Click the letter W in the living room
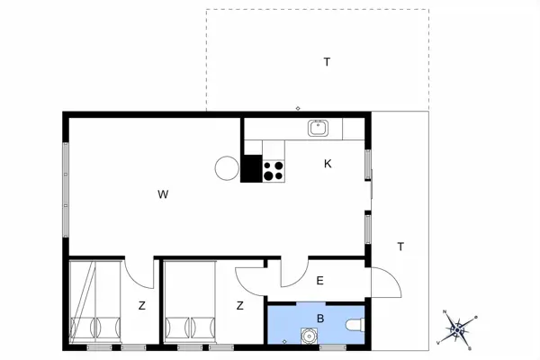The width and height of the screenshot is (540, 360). (x=163, y=194)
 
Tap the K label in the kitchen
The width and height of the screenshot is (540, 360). (x=328, y=164)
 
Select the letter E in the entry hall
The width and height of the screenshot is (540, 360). (x=319, y=281)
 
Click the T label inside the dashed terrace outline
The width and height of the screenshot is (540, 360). (x=327, y=62)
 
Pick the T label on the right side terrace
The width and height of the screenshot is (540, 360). (x=400, y=247)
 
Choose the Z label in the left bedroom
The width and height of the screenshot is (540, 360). (x=141, y=306)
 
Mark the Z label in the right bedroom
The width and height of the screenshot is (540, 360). (x=240, y=306)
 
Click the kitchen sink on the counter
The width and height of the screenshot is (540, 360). (x=319, y=128)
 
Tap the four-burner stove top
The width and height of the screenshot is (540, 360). (x=274, y=170)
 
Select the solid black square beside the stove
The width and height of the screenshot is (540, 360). (x=251, y=169)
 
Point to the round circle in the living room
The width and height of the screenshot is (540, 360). (x=227, y=167)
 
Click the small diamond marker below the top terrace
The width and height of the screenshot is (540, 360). (x=298, y=109)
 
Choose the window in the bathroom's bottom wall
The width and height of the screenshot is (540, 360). (x=333, y=346)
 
